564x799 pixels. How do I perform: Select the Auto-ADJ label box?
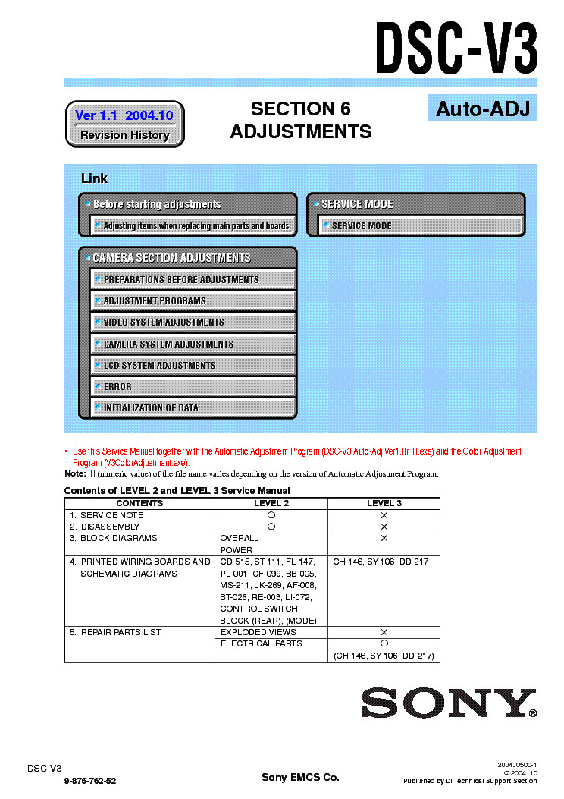[481, 109]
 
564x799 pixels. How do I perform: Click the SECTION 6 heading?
[300, 109]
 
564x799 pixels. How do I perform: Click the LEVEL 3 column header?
[384, 503]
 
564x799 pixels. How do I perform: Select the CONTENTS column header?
[139, 503]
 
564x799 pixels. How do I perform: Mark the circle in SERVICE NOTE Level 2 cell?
[271, 515]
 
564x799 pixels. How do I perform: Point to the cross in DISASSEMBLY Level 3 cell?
[384, 527]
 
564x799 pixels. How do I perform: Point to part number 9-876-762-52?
[90, 780]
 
